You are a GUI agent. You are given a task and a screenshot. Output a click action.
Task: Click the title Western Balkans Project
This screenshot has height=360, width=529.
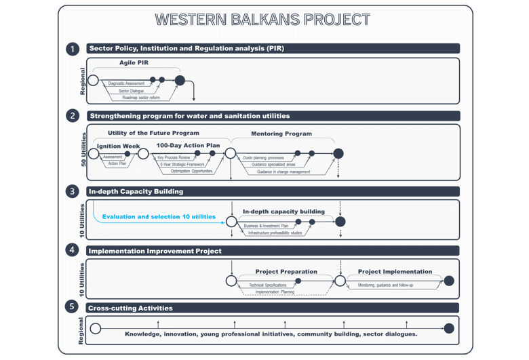pyautogui.click(x=263, y=20)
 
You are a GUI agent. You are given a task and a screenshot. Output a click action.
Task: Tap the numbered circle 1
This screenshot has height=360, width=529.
pyautogui.click(x=73, y=49)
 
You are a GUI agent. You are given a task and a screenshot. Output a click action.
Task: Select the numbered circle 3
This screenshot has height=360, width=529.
pyautogui.click(x=73, y=192)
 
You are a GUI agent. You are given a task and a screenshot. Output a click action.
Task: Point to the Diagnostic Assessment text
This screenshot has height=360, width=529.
pyautogui.click(x=127, y=83)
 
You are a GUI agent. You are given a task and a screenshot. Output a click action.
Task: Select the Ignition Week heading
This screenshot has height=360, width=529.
pyautogui.click(x=119, y=145)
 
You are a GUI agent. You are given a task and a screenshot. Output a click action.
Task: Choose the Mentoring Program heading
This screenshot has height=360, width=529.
pyautogui.click(x=281, y=134)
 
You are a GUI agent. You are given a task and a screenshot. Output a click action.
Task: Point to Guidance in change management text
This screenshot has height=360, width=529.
pyautogui.click(x=283, y=172)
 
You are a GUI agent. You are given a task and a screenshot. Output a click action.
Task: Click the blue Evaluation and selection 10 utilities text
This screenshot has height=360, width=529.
pyautogui.click(x=159, y=217)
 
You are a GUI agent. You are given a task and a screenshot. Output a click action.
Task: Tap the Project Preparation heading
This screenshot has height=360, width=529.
pyautogui.click(x=286, y=271)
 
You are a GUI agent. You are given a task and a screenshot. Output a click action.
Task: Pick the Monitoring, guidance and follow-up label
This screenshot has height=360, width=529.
pyautogui.click(x=389, y=285)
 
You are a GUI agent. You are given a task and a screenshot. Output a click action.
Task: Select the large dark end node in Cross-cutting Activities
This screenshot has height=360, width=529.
pyautogui.click(x=448, y=329)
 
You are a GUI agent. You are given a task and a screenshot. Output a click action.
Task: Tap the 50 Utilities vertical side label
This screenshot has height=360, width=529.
pyautogui.click(x=83, y=148)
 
